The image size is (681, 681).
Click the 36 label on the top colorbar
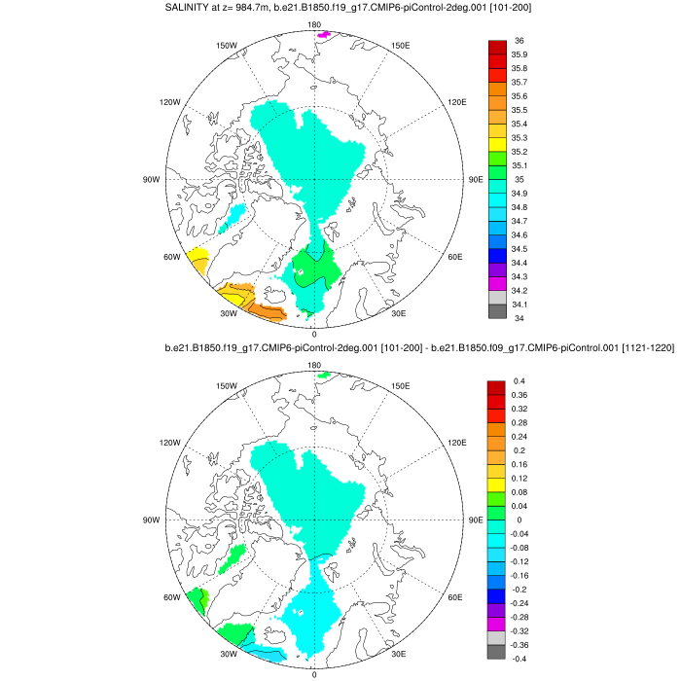click(x=519, y=41)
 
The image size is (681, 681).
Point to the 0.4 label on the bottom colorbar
click(x=519, y=381)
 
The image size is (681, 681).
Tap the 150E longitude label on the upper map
click(x=399, y=46)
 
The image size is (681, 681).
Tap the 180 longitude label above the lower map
click(x=314, y=366)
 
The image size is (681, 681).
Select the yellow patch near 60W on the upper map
click(x=198, y=260)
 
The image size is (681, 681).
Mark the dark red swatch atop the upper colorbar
click(x=496, y=47)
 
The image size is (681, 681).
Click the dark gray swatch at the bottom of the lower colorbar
click(x=496, y=653)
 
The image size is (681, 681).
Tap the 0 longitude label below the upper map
click(x=313, y=334)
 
